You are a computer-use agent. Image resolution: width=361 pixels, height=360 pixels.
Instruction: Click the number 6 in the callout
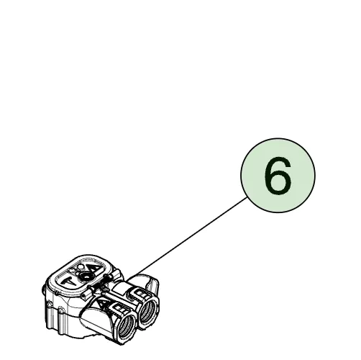click(x=278, y=176)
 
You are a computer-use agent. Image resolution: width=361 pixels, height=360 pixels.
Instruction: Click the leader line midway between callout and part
click(x=189, y=237)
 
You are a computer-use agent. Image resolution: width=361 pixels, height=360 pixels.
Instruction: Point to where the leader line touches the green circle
click(x=247, y=197)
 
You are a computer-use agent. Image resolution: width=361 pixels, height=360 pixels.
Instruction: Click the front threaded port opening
click(x=127, y=327)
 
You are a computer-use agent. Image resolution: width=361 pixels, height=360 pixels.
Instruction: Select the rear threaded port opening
click(x=147, y=311)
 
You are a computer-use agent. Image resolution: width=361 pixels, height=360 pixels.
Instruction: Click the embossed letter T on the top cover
click(x=68, y=281)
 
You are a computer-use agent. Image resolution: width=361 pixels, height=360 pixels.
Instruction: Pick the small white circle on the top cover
click(x=81, y=266)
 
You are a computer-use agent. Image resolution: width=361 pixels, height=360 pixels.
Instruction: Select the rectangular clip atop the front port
click(x=118, y=307)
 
